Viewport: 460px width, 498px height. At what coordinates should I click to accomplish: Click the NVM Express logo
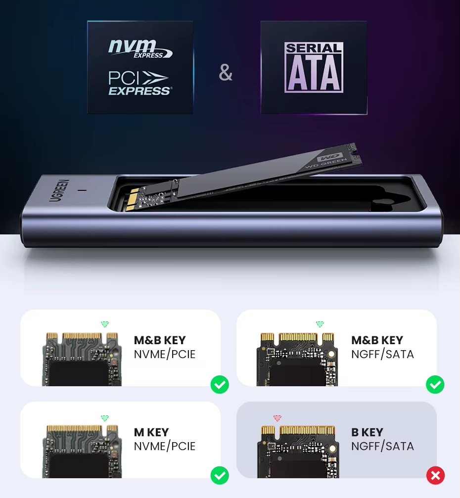pyautogui.click(x=140, y=48)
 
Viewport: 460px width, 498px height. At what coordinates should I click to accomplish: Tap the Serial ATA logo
pyautogui.click(x=314, y=67)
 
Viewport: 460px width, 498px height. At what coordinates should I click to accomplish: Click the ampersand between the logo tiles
pyautogui.click(x=226, y=72)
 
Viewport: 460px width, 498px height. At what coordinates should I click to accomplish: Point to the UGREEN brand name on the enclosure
pyautogui.click(x=59, y=190)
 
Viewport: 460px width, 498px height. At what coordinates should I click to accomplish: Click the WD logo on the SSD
pyautogui.click(x=331, y=157)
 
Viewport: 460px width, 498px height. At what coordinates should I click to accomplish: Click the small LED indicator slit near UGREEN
pyautogui.click(x=84, y=190)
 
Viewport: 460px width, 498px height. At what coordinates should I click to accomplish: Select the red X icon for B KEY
pyautogui.click(x=435, y=475)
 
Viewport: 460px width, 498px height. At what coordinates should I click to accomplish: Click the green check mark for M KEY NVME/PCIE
pyautogui.click(x=220, y=475)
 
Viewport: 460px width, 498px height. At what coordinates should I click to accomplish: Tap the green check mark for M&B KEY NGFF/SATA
pyautogui.click(x=435, y=384)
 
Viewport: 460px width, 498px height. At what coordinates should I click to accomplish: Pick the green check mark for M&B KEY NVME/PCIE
pyautogui.click(x=220, y=384)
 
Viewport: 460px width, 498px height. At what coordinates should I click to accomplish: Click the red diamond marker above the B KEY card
pyautogui.click(x=277, y=418)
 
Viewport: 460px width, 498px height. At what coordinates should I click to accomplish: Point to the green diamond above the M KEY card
pyautogui.click(x=105, y=418)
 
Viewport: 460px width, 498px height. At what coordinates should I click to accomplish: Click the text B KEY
pyautogui.click(x=367, y=432)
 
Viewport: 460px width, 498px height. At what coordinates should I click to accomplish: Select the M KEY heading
pyautogui.click(x=151, y=432)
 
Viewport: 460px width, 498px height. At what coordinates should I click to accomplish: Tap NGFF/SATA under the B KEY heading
pyautogui.click(x=382, y=446)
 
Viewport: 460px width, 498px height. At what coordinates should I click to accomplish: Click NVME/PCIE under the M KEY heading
pyautogui.click(x=165, y=446)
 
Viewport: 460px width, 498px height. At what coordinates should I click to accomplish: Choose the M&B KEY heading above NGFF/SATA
pyautogui.click(x=377, y=340)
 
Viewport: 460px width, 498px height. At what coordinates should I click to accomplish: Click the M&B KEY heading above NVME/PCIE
pyautogui.click(x=160, y=340)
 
